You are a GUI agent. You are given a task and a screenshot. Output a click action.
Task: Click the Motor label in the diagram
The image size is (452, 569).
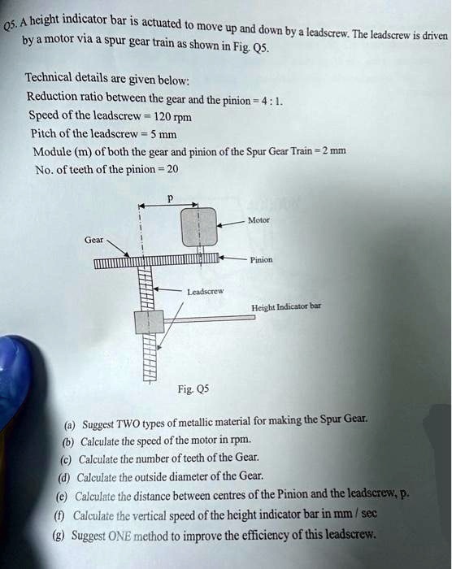(x=259, y=220)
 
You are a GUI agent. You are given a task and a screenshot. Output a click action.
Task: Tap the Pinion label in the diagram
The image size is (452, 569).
(x=261, y=260)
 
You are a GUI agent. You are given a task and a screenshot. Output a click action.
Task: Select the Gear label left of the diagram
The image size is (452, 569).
(x=94, y=240)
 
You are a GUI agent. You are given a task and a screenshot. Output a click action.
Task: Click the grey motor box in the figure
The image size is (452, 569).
(x=199, y=227)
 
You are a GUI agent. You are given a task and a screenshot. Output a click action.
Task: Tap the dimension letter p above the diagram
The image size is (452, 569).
(x=169, y=198)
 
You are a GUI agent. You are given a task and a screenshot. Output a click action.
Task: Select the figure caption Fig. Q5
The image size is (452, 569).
(x=188, y=389)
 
